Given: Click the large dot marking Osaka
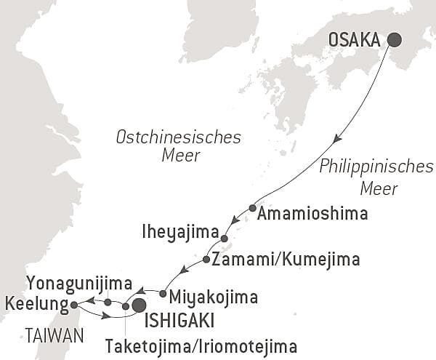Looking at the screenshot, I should pyautogui.click(x=395, y=40).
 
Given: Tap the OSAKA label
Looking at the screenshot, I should pyautogui.click(x=355, y=41).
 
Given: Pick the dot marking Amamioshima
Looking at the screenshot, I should pyautogui.click(x=252, y=208).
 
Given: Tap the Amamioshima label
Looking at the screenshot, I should pyautogui.click(x=312, y=214).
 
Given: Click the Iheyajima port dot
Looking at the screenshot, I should pyautogui.click(x=224, y=239).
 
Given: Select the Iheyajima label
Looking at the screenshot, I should pyautogui.click(x=182, y=233).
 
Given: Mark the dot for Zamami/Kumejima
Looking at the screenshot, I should pyautogui.click(x=206, y=260).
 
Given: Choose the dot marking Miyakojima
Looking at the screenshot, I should pyautogui.click(x=163, y=294).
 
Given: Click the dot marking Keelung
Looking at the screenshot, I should pyautogui.click(x=74, y=305).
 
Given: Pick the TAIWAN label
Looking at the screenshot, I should pyautogui.click(x=52, y=335).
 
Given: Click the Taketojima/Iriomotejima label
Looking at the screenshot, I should pyautogui.click(x=201, y=344).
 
